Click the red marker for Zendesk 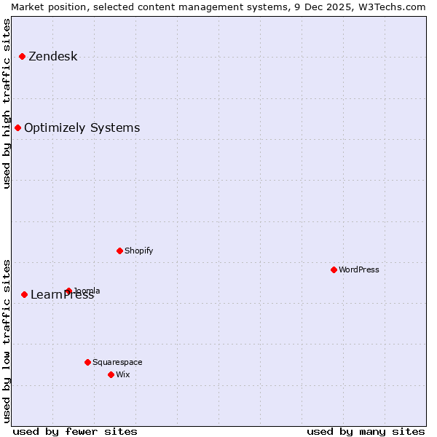point(22,56)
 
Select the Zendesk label point(52,57)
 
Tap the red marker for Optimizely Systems point(17,127)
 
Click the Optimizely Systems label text point(82,128)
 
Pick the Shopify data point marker point(119,251)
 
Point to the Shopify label point(138,251)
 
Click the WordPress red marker point(334,269)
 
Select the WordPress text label point(358,270)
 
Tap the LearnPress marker point(24,294)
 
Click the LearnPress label point(62,295)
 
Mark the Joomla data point point(68,291)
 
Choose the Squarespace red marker point(87,362)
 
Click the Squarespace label point(117,363)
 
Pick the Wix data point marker point(111,374)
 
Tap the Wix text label point(122,375)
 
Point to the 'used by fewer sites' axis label point(75,431)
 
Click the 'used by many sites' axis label point(366,431)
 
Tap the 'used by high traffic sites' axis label point(7,103)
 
